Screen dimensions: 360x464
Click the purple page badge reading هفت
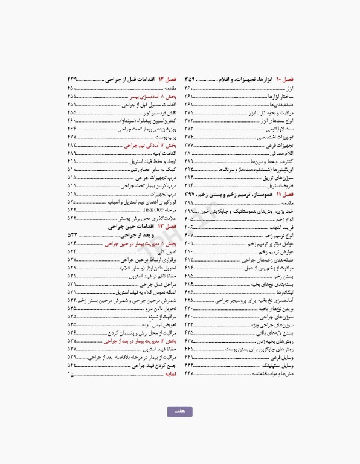(179, 411)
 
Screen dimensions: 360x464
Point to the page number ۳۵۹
(190, 79)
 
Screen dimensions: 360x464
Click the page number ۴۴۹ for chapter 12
(72, 79)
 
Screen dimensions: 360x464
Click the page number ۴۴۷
(189, 374)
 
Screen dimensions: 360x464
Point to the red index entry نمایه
(170, 374)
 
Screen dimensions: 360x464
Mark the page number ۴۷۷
(72, 137)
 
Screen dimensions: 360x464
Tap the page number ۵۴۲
(72, 366)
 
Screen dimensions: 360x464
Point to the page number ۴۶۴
(72, 129)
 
